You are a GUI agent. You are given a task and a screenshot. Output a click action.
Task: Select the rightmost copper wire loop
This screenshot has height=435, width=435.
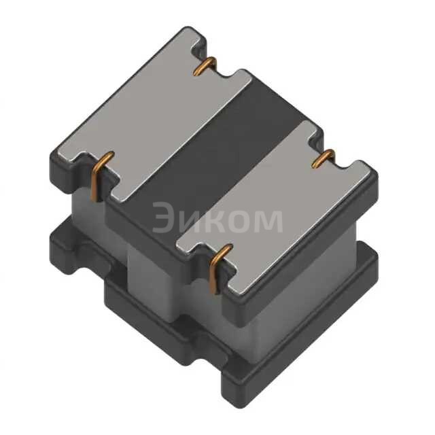(x=324, y=158)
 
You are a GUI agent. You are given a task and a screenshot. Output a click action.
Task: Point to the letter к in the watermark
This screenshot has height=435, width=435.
(x=220, y=220)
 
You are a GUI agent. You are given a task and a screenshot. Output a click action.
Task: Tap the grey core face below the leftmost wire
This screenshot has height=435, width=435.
(x=88, y=211)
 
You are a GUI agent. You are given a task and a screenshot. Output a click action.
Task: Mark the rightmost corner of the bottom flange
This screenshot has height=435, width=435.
(x=378, y=262)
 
